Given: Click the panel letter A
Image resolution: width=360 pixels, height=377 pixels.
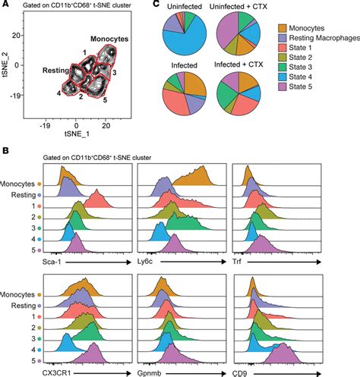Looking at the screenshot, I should tap(7, 8).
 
